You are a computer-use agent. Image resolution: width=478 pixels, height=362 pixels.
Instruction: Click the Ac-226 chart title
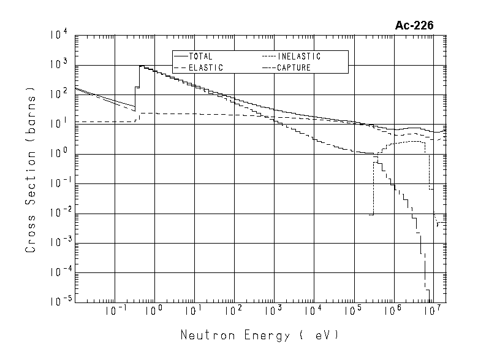(x=415, y=25)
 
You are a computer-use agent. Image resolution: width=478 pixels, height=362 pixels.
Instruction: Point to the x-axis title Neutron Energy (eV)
(x=259, y=336)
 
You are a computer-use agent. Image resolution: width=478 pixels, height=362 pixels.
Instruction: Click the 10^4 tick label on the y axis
(x=61, y=37)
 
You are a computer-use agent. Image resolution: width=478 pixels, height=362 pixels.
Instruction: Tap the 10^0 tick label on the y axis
(x=61, y=155)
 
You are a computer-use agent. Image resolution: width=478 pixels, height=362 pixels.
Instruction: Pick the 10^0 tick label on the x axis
(x=154, y=311)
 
